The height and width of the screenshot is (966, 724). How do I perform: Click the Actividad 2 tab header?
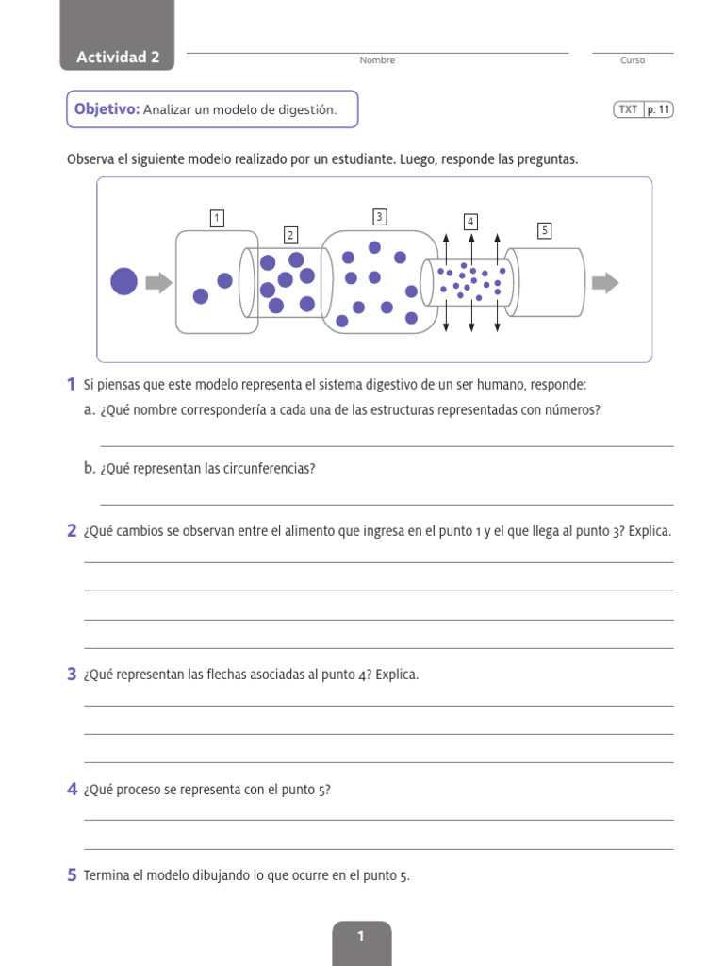pyautogui.click(x=118, y=58)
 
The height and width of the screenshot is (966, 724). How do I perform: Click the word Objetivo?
pyautogui.click(x=107, y=109)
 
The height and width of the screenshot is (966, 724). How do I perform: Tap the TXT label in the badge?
pyautogui.click(x=628, y=109)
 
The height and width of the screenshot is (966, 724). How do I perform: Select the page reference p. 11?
pyautogui.click(x=659, y=109)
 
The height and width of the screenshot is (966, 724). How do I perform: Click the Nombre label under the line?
pyautogui.click(x=377, y=60)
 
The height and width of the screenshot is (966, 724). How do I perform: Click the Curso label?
pyautogui.click(x=633, y=60)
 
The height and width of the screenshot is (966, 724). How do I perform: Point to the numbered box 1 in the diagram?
pyautogui.click(x=217, y=219)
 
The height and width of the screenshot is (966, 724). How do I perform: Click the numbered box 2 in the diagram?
pyautogui.click(x=290, y=235)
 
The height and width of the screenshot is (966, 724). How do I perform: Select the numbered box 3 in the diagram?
pyautogui.click(x=379, y=217)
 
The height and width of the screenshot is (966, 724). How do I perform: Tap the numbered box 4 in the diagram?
pyautogui.click(x=469, y=222)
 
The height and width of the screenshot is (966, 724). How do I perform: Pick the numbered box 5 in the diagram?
pyautogui.click(x=544, y=229)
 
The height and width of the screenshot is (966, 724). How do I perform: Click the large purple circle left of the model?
pyautogui.click(x=124, y=281)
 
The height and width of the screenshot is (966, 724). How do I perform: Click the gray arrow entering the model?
pyautogui.click(x=159, y=282)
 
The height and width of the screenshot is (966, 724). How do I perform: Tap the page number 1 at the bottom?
pyautogui.click(x=361, y=936)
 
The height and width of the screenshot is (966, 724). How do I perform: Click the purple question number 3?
pyautogui.click(x=72, y=674)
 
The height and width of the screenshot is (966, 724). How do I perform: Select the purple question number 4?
pyautogui.click(x=72, y=790)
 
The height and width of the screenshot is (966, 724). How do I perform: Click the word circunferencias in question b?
pyautogui.click(x=268, y=468)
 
